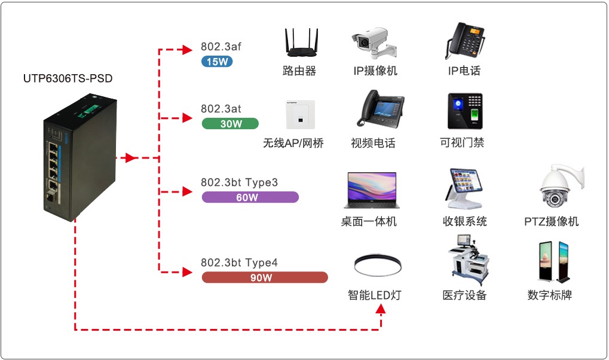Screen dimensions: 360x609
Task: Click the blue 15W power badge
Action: (x=217, y=62)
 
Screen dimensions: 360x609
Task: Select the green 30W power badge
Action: (x=230, y=124)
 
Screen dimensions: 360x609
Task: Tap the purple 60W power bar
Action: (x=250, y=197)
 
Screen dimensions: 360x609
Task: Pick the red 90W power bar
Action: (x=265, y=277)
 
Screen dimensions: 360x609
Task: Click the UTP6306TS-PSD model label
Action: (x=68, y=78)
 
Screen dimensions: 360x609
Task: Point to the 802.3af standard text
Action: (x=221, y=47)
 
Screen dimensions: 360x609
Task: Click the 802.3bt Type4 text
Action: (x=239, y=263)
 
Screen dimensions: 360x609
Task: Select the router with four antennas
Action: (x=299, y=43)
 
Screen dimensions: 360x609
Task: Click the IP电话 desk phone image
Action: (x=464, y=41)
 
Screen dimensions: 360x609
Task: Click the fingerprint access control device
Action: (x=464, y=111)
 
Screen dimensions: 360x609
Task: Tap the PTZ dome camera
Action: (x=558, y=187)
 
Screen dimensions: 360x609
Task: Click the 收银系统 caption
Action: (x=465, y=222)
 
